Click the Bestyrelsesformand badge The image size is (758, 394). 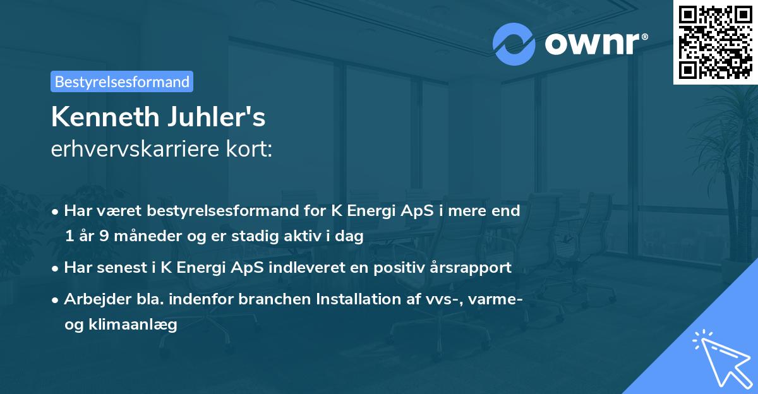pyautogui.click(x=122, y=81)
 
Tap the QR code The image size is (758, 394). pyautogui.click(x=715, y=42)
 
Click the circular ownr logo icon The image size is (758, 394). pyautogui.click(x=514, y=44)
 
